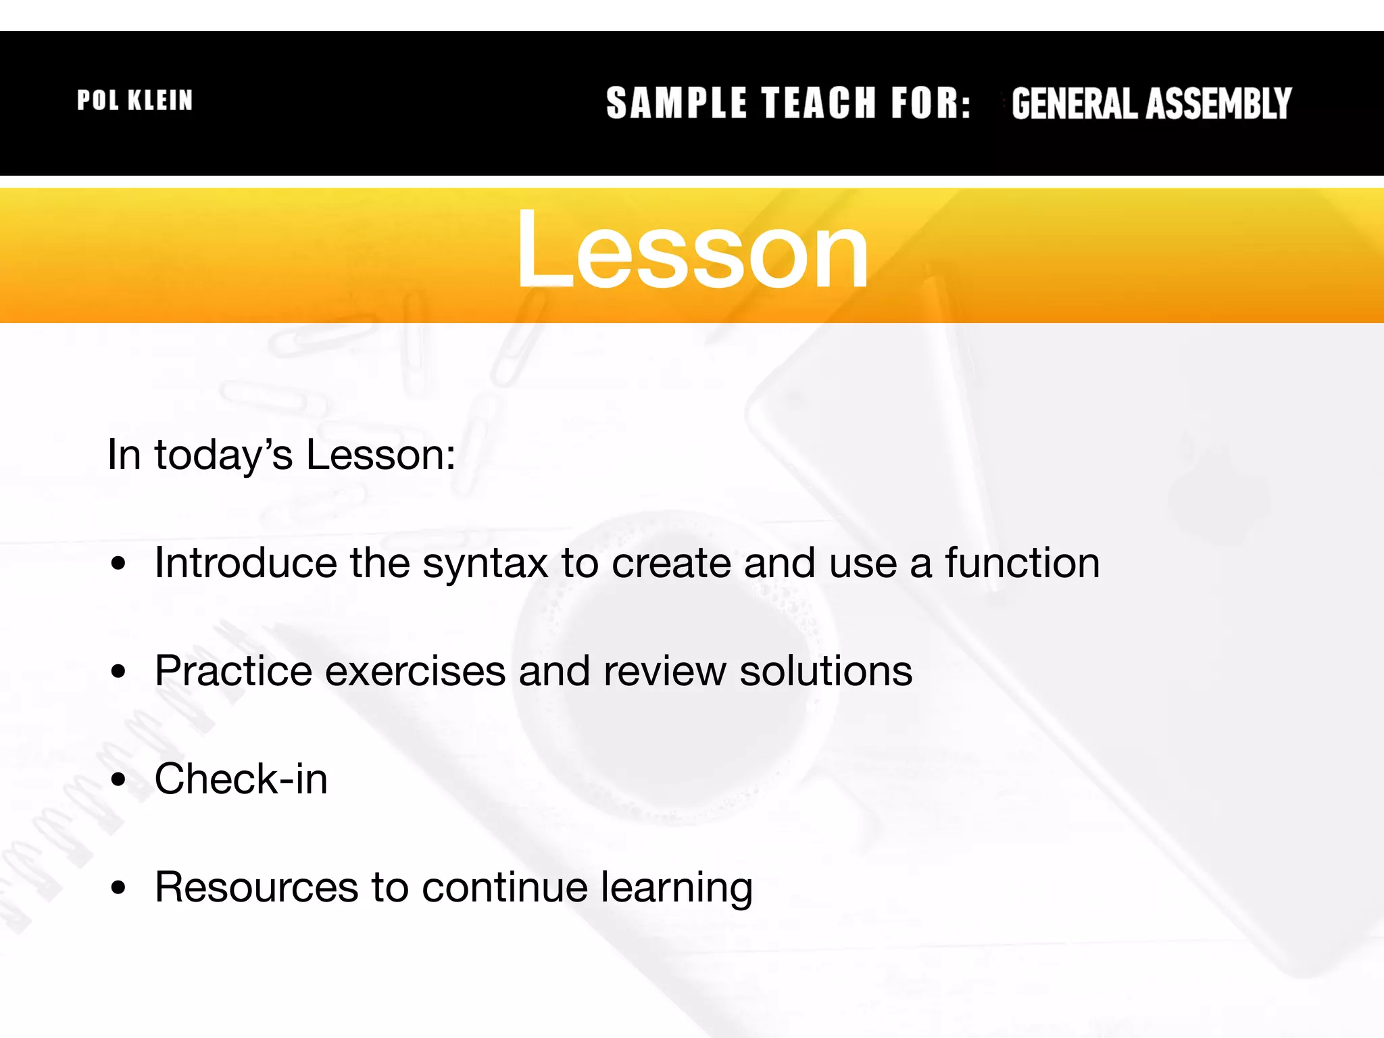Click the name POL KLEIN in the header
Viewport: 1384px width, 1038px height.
point(134,101)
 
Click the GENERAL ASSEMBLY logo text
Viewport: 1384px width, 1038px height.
point(1151,103)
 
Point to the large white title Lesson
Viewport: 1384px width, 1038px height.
point(692,250)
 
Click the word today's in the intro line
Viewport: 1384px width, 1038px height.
point(224,455)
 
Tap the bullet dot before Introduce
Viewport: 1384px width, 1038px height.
point(119,564)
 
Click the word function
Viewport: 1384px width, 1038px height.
point(1022,563)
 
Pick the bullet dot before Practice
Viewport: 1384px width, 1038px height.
point(119,672)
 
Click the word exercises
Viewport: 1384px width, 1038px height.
point(415,672)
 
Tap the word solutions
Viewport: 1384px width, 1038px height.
point(826,671)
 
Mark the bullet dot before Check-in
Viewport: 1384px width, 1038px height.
point(119,781)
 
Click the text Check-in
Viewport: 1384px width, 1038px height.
point(241,779)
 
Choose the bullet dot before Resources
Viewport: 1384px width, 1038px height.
point(119,889)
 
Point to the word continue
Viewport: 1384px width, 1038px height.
point(504,887)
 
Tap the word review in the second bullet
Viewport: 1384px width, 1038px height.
point(665,672)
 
